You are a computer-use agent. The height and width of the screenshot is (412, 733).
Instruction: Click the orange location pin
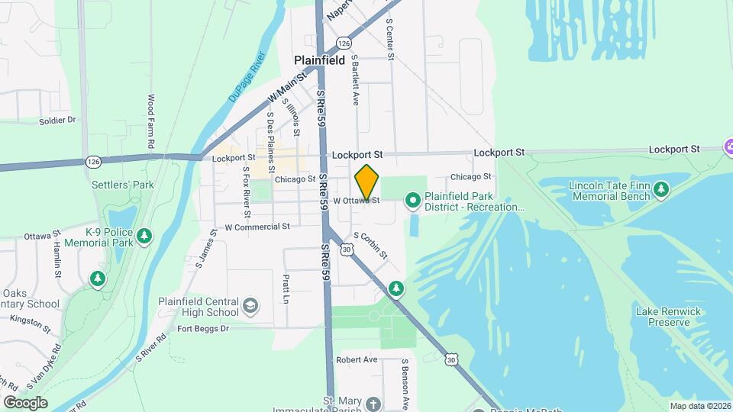[x=366, y=182]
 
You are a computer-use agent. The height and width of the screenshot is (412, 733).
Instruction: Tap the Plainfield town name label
[x=320, y=60]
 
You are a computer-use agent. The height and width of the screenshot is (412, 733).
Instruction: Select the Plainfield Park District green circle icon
[x=413, y=201]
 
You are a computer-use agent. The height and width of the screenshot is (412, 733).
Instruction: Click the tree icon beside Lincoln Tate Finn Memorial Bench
[x=661, y=188]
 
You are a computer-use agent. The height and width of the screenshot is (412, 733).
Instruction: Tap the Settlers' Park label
[x=124, y=185]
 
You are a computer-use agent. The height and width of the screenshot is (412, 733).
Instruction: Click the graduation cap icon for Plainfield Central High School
[x=250, y=306]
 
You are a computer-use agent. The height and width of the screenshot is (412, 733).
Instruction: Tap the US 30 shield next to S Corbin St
[x=347, y=249]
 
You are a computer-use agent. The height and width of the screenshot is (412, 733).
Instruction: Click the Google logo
[x=25, y=402]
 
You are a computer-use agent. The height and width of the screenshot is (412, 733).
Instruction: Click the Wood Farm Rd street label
[x=151, y=121]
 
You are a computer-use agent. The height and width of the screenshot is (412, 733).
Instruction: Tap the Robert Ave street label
[x=357, y=359]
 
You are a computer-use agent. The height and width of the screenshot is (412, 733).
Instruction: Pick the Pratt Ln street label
[x=286, y=288]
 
